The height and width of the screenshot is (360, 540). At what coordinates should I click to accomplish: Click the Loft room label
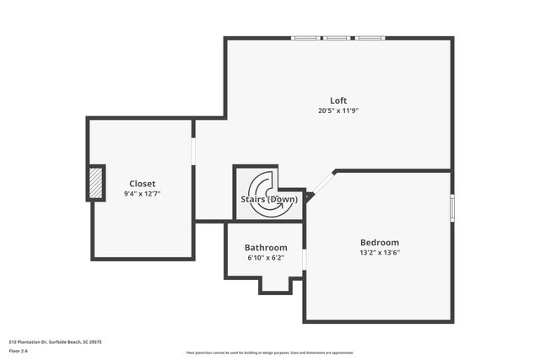[x=337, y=100]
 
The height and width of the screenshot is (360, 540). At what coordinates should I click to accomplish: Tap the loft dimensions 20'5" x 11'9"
[x=337, y=110]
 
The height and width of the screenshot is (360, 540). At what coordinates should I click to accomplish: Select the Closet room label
[x=142, y=183]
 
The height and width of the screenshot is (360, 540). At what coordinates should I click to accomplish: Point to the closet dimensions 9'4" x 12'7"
[x=142, y=193]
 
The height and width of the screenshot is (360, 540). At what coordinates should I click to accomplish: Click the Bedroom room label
[x=379, y=242]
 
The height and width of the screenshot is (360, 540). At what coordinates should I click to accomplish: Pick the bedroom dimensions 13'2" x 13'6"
[x=379, y=252]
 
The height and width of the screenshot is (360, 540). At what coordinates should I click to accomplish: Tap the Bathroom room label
[x=266, y=248]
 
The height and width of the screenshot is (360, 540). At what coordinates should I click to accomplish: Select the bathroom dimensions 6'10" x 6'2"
[x=266, y=258]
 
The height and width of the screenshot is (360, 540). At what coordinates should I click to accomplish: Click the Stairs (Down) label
[x=269, y=200]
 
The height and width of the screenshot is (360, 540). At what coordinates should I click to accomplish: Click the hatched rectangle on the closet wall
[x=98, y=182]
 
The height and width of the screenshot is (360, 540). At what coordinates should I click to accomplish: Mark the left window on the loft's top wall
[x=305, y=38]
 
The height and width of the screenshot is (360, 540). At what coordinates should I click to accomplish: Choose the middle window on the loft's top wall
[x=337, y=38]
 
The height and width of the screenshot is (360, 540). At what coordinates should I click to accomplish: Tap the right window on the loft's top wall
[x=370, y=38]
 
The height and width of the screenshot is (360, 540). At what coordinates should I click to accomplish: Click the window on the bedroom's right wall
[x=451, y=207]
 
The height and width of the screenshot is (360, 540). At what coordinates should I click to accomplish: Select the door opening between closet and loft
[x=194, y=152]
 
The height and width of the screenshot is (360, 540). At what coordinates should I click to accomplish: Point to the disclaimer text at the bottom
[x=269, y=352]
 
